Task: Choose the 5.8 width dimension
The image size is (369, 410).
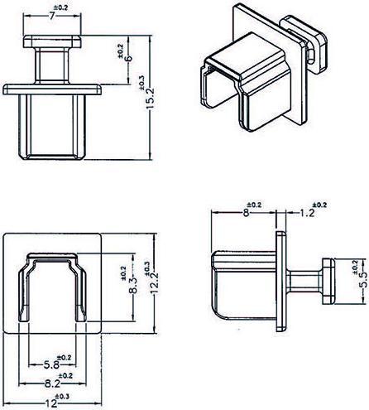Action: point(51,364)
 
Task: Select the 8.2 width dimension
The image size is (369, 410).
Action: point(51,383)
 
